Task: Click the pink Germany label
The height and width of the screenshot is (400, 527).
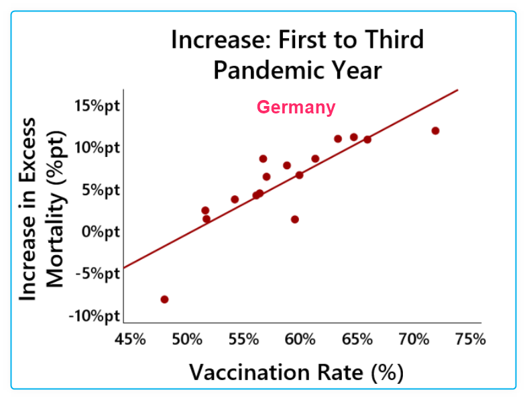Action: tap(296, 107)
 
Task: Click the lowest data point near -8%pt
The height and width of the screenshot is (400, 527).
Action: tap(164, 299)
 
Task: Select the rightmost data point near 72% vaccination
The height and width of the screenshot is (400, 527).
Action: tap(435, 131)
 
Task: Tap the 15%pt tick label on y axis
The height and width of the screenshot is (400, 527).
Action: tap(97, 106)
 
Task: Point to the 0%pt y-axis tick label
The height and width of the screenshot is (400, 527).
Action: tap(100, 232)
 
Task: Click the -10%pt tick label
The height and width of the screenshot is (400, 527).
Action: tap(94, 316)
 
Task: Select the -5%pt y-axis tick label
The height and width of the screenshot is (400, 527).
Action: tap(97, 274)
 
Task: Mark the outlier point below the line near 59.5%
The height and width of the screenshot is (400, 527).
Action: tap(294, 219)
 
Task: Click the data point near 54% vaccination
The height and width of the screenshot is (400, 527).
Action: tap(235, 199)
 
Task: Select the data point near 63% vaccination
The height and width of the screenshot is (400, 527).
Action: tap(338, 139)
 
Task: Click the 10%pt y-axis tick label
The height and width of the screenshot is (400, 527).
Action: tap(97, 148)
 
